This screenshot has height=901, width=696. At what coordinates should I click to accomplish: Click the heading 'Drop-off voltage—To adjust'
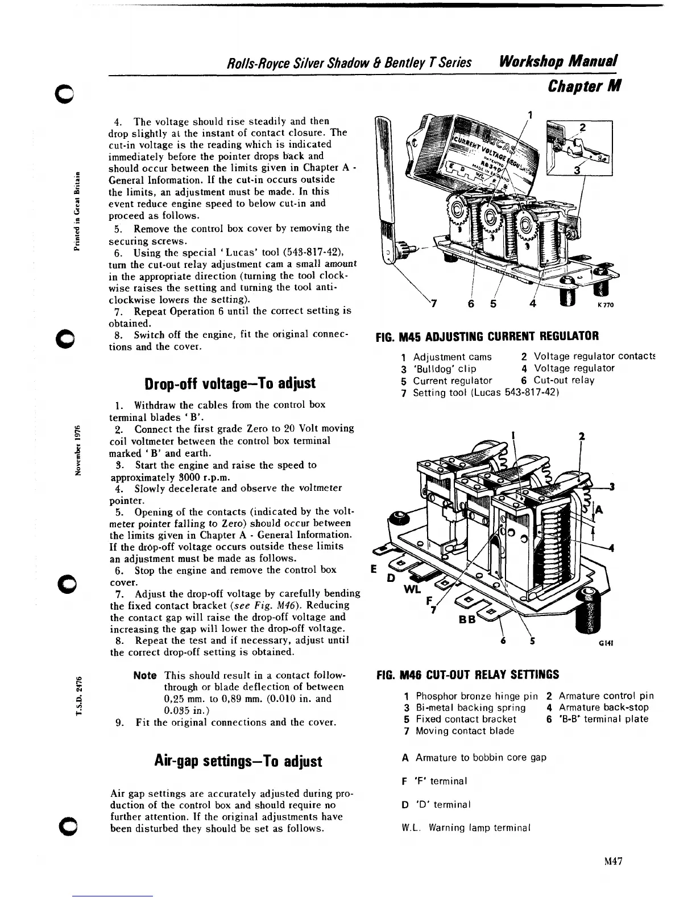coord(230,382)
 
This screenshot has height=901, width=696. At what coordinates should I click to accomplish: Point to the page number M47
coord(614,861)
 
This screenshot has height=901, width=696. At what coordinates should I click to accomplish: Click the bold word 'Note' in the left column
coord(145,675)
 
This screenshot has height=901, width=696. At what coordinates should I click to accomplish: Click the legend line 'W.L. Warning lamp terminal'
coord(466,828)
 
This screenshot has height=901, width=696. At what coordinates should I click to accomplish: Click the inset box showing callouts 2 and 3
coord(579,147)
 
